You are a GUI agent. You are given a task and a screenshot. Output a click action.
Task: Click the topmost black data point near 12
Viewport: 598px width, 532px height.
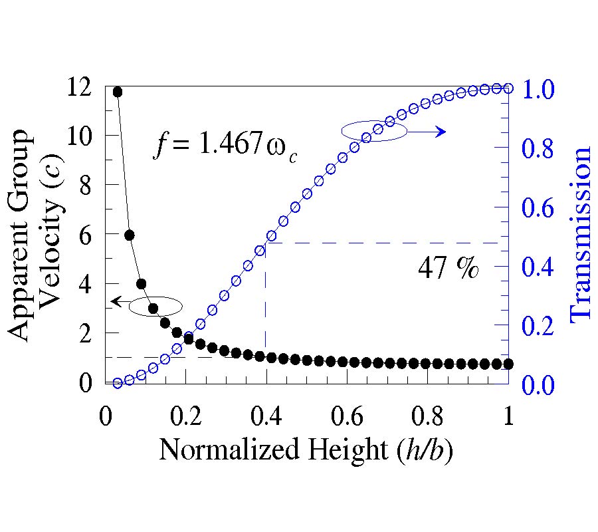(x=118, y=92)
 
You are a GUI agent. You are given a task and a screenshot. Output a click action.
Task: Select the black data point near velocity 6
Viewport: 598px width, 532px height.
(x=130, y=235)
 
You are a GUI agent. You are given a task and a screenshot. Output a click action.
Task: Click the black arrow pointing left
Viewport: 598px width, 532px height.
(x=120, y=301)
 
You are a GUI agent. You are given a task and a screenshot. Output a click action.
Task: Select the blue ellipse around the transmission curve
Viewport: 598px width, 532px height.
(x=374, y=130)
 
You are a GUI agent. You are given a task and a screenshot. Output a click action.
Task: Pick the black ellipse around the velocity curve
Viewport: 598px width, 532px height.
(x=155, y=306)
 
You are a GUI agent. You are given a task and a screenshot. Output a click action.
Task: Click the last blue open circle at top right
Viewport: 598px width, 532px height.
(x=508, y=88)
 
